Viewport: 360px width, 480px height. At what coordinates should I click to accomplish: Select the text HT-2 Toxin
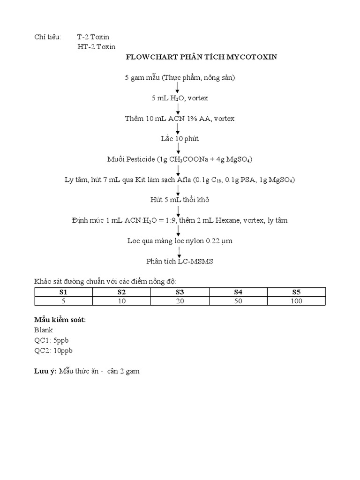coord(97,46)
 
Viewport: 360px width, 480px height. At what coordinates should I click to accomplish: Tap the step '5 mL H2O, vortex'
coord(180,98)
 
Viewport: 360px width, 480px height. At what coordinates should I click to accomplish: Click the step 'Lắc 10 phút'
coord(180,139)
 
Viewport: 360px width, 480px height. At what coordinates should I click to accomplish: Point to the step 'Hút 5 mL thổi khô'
coord(180,200)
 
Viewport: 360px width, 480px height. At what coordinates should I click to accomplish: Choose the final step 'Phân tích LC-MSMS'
coord(180,261)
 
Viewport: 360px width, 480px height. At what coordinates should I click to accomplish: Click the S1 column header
coord(63,292)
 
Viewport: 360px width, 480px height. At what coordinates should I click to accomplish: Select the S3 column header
coord(180,292)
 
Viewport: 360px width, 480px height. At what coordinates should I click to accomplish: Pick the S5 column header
coord(296,292)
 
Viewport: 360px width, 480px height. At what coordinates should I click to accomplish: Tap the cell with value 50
coord(238,300)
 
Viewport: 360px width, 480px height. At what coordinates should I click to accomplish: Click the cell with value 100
coord(296,300)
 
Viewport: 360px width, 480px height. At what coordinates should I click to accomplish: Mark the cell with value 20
coord(180,300)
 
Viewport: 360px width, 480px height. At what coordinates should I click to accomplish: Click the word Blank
coord(44,330)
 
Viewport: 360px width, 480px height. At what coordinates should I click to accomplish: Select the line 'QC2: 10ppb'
coord(53,351)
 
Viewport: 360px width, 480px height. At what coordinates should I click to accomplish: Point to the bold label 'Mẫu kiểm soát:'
coord(60,320)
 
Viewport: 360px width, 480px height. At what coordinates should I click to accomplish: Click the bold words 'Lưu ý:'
coord(45,371)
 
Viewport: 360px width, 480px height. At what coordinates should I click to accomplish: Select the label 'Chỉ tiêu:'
coord(48,37)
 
